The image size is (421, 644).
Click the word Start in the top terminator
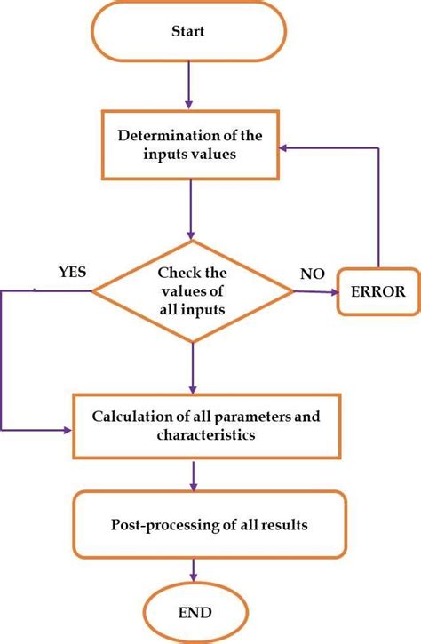click(187, 31)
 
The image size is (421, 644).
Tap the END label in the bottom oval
click(195, 613)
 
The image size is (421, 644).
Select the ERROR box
click(378, 291)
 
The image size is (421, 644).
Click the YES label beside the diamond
click(72, 272)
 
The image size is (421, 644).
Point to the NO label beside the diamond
click(312, 274)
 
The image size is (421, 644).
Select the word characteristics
click(206, 434)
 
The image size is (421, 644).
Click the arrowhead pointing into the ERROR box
click(334, 293)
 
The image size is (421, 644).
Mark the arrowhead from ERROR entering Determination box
click(284, 148)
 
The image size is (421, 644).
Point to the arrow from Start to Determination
click(189, 84)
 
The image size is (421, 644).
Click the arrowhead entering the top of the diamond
click(191, 235)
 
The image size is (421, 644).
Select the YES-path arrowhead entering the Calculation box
click(68, 430)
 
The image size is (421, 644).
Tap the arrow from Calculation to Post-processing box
click(194, 475)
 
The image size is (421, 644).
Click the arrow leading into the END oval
click(193, 570)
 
